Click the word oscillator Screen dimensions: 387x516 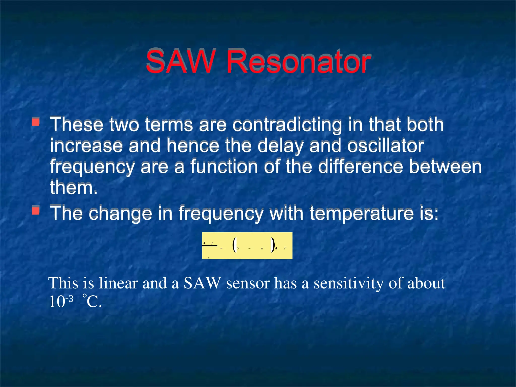point(385,146)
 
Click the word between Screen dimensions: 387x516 point(445,167)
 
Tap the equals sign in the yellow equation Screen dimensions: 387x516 point(221,248)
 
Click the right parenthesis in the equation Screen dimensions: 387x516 point(272,245)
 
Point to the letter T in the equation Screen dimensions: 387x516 point(285,248)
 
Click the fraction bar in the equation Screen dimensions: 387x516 point(210,246)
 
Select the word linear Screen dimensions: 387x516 point(118,283)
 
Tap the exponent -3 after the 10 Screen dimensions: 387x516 point(69,299)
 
